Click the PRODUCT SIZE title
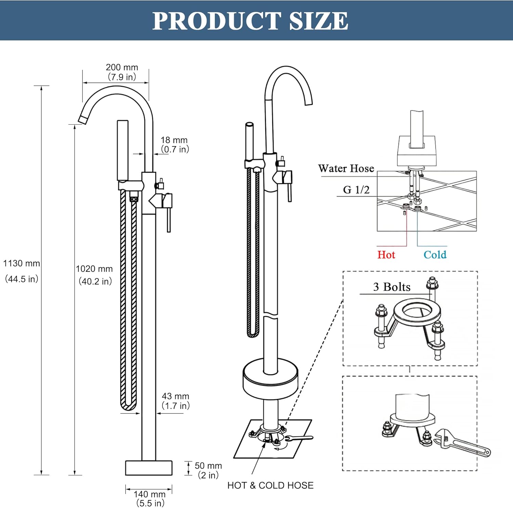pos(250,21)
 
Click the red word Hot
pos(386,255)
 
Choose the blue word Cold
pos(435,255)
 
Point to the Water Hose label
pos(346,168)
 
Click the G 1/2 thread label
pos(356,189)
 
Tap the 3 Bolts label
pos(392,287)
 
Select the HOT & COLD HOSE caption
pos(270,485)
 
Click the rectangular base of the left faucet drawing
pos(149,468)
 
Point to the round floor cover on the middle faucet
pos(270,379)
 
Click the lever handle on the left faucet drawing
pos(168,216)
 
